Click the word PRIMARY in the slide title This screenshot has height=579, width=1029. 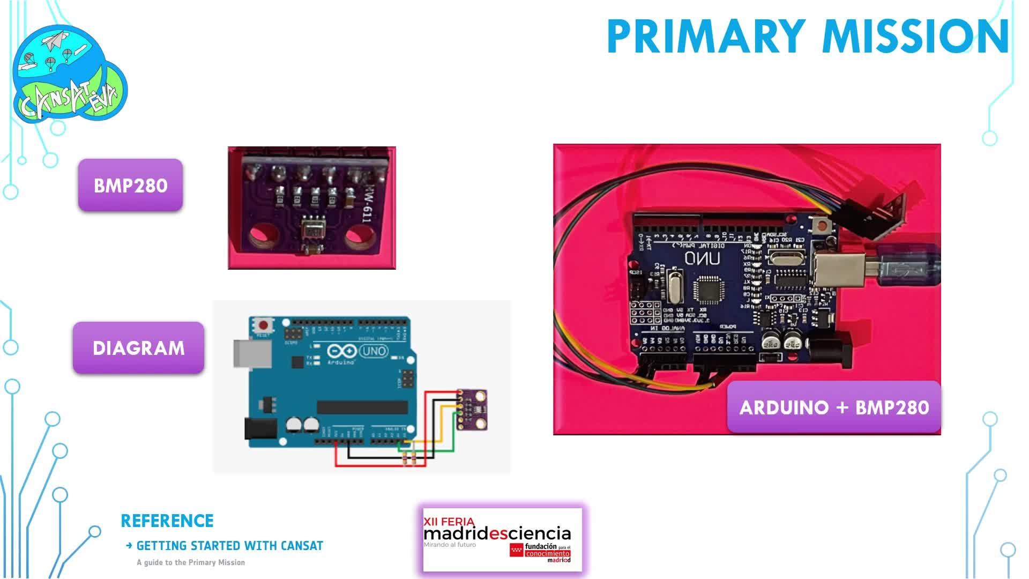pos(706,36)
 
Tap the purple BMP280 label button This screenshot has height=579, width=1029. pos(130,185)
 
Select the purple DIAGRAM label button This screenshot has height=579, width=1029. pos(138,347)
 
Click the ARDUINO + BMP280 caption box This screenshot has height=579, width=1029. pos(834,407)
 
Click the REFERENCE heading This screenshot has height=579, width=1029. pos(167,521)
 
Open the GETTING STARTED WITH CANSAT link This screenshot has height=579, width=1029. pos(229,546)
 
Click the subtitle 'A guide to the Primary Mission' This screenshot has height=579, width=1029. pos(191,562)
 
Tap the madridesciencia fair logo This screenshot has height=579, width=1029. pos(502,539)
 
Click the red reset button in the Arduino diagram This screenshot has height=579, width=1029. pos(263,325)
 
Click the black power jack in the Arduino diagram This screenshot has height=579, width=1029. pos(260,429)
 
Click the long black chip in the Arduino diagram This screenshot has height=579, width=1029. pos(362,407)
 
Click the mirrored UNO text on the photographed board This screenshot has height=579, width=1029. pos(702,259)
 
